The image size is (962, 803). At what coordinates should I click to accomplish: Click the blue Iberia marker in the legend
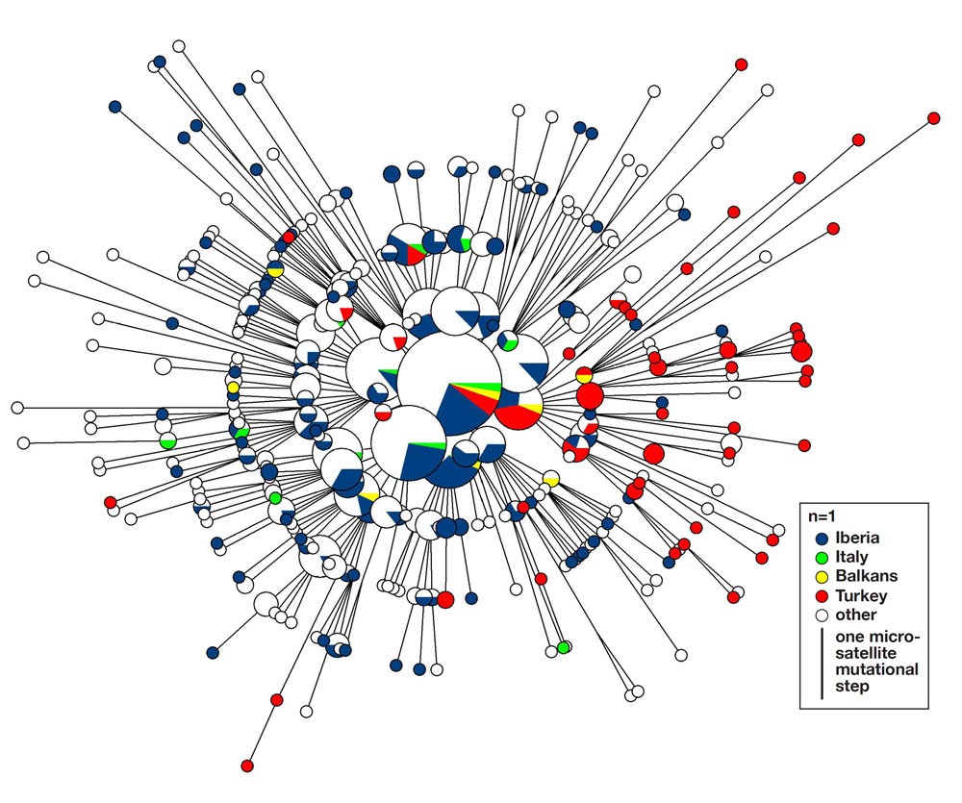click(821, 539)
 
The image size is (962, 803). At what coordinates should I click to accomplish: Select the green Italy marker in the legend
click(821, 558)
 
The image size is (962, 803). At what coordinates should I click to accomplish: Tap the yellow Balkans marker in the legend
click(821, 577)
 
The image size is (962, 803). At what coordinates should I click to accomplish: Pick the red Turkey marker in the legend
click(821, 596)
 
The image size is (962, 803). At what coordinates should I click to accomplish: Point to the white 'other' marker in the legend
click(821, 615)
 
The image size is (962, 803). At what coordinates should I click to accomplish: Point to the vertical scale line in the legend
click(822, 664)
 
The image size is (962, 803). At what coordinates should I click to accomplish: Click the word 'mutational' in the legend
click(877, 669)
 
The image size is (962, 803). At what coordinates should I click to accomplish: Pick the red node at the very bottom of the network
click(246, 765)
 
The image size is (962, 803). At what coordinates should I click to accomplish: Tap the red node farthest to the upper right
click(933, 118)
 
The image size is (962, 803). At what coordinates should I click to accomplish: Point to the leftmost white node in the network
click(16, 408)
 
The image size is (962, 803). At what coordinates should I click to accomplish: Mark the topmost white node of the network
click(178, 45)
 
